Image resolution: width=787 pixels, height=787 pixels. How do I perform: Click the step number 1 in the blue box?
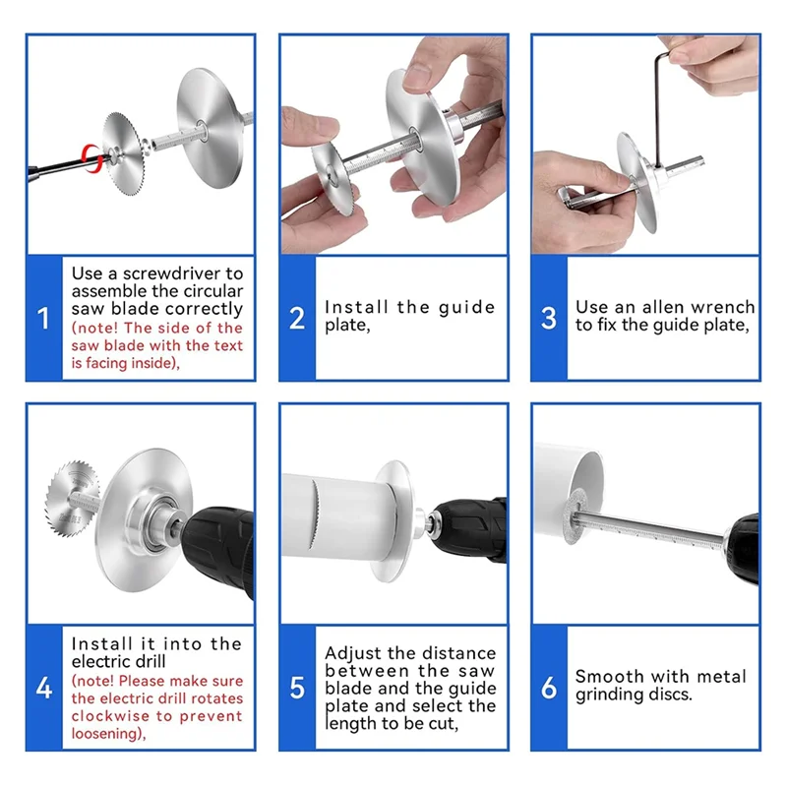[x=43, y=319]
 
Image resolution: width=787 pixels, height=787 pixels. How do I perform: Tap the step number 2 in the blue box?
[x=297, y=319]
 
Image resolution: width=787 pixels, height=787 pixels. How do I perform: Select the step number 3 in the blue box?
[x=549, y=319]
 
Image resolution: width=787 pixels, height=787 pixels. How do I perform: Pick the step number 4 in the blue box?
[x=43, y=688]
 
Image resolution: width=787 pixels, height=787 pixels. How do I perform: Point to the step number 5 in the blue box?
[x=297, y=688]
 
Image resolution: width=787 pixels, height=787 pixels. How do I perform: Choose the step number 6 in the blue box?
[x=549, y=688]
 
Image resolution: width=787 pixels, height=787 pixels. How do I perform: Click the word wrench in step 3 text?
[x=721, y=307]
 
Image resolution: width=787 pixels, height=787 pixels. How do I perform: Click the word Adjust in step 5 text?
[x=351, y=653]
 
